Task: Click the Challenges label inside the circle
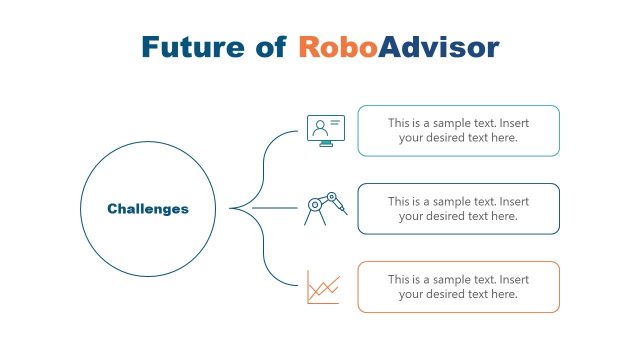pyautogui.click(x=147, y=209)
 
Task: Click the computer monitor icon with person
pyautogui.click(x=324, y=130)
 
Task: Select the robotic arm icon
pyautogui.click(x=325, y=208)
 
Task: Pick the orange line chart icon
pyautogui.click(x=323, y=288)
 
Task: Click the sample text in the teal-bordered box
pyautogui.click(x=458, y=130)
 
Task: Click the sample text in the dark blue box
pyautogui.click(x=458, y=208)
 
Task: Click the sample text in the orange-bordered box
pyautogui.click(x=458, y=287)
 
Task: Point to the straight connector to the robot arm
pyautogui.click(x=275, y=208)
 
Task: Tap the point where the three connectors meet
pyautogui.click(x=232, y=208)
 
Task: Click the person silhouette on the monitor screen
pyautogui.click(x=319, y=127)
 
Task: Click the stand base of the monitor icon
pyautogui.click(x=324, y=146)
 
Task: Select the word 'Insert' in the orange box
pyautogui.click(x=513, y=280)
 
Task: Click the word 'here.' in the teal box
pyautogui.click(x=503, y=138)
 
